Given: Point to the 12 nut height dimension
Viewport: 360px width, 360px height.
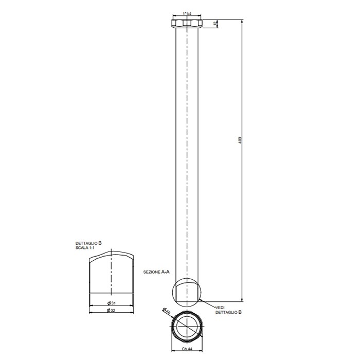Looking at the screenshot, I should [216, 23].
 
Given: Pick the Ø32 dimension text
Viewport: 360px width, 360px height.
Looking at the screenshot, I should [111, 310].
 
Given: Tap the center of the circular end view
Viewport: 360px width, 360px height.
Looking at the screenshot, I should [187, 327].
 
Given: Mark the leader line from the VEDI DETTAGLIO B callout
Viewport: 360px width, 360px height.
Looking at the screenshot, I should [208, 304].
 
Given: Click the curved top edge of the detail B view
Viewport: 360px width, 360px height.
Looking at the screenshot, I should [111, 253].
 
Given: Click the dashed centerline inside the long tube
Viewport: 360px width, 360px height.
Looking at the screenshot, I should [187, 154].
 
